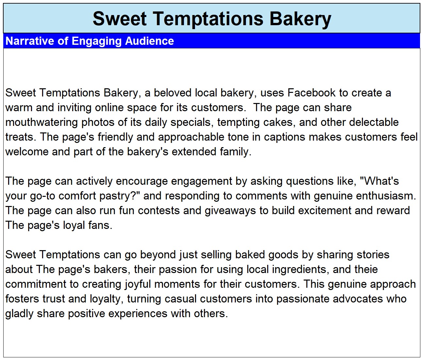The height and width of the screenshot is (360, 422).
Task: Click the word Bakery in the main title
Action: pos(300,19)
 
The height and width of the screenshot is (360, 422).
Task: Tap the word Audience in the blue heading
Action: pos(149,41)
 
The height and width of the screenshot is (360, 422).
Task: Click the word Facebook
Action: pos(311,93)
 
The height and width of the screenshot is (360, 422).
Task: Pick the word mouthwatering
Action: pos(41,122)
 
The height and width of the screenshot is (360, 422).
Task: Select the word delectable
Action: pos(374,122)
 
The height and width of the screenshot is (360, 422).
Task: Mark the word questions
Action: pos(310,181)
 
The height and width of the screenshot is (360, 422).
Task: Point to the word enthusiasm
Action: pos(386,196)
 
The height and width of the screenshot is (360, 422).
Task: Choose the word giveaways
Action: pos(230,211)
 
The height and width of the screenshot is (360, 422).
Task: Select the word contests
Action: pos(159,211)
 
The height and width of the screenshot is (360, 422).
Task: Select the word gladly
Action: pos(19,314)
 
